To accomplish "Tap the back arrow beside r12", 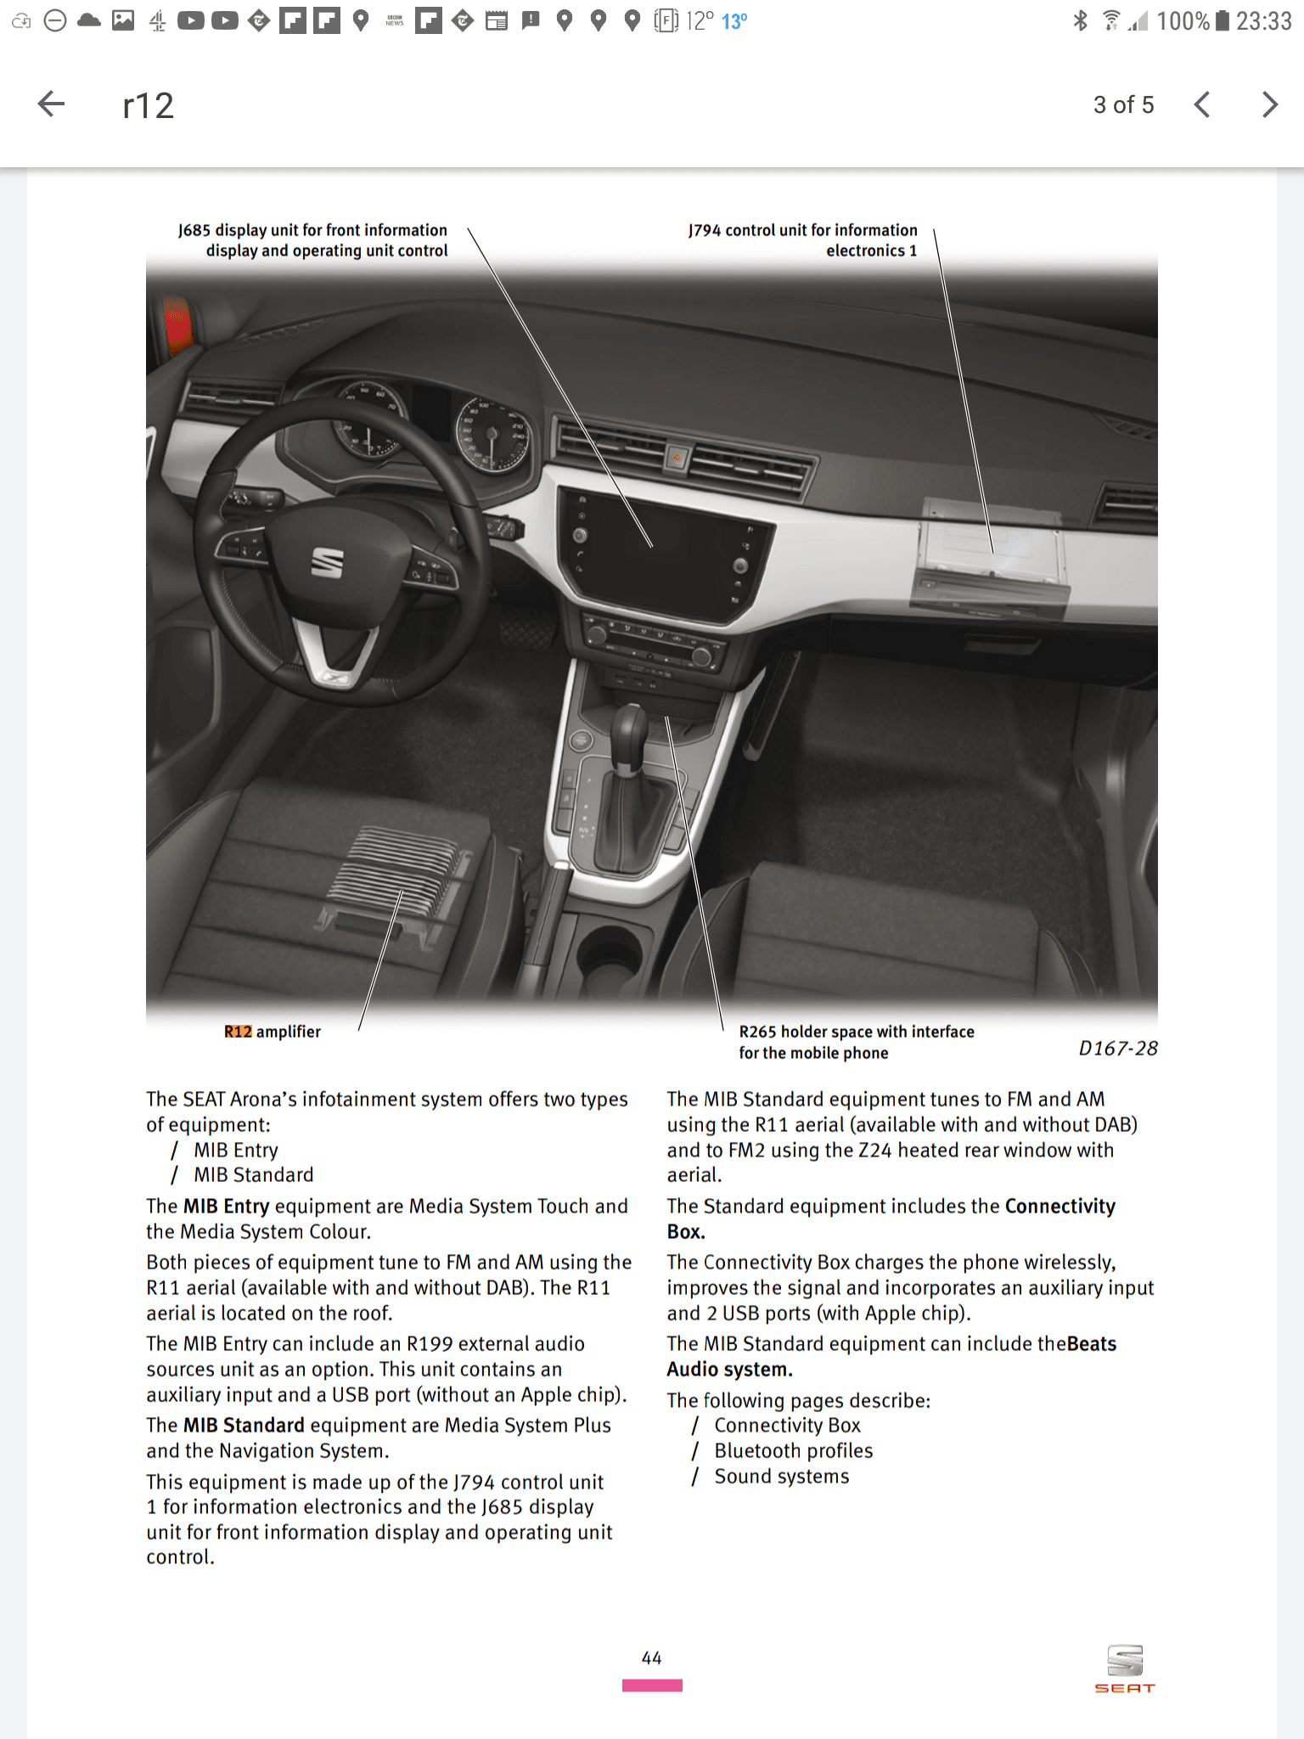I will pos(52,104).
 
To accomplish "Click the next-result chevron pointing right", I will pos(1269,104).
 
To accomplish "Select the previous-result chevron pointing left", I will pos(1201,104).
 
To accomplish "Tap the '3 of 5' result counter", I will pos(1123,104).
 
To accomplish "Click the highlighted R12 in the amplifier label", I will pos(238,1032).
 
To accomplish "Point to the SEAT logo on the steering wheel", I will pos(327,562).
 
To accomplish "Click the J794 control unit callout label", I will pos(802,240).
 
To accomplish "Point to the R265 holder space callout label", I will pos(856,1042).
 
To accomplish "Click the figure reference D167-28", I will pos(1117,1049).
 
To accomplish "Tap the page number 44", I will pos(651,1657).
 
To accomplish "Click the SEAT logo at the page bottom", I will pos(1125,1669).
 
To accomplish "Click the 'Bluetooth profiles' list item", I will pos(793,1450).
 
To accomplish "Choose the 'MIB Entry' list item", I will pos(235,1150).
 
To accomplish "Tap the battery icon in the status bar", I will pos(1222,20).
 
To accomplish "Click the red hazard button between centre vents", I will pos(677,458).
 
